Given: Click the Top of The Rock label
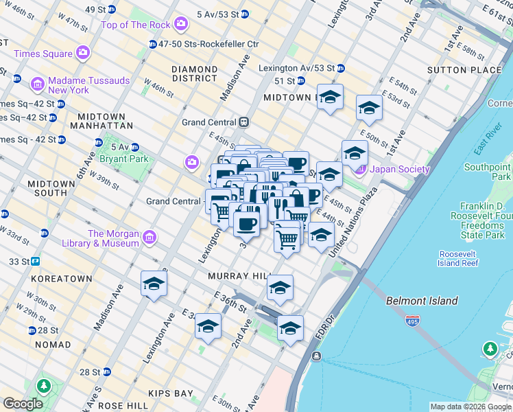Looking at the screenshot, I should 135,25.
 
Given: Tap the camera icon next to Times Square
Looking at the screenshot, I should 83,53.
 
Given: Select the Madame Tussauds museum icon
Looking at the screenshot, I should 37,84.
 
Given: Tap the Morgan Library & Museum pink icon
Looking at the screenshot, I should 149,238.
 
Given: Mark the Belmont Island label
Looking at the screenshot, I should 421,301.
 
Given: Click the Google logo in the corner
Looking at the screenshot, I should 23,404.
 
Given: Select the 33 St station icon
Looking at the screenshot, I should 35,262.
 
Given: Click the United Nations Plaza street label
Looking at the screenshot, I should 353,222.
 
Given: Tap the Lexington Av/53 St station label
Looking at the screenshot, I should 296,68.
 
